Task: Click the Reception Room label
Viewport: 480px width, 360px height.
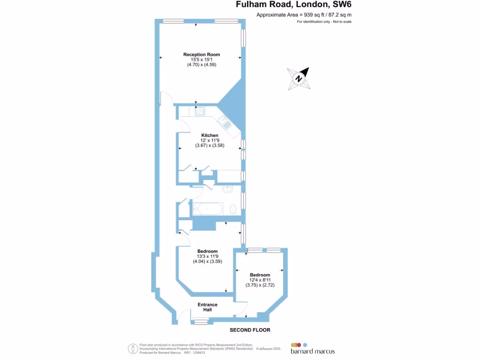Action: click(201, 54)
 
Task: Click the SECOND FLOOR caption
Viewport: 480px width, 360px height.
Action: click(250, 330)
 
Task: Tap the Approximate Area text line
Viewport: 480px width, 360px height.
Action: click(304, 15)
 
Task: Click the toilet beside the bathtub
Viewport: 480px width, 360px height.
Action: click(233, 209)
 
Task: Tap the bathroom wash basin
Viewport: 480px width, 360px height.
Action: click(228, 190)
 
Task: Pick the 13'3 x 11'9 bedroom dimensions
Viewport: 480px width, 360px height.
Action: click(207, 256)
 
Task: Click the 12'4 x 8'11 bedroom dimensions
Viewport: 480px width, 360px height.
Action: click(260, 280)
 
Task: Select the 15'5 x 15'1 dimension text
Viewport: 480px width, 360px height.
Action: click(201, 60)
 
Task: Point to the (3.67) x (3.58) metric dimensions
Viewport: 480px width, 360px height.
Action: click(210, 146)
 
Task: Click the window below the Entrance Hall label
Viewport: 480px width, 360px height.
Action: click(201, 322)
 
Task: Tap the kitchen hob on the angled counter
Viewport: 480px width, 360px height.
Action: click(225, 124)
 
